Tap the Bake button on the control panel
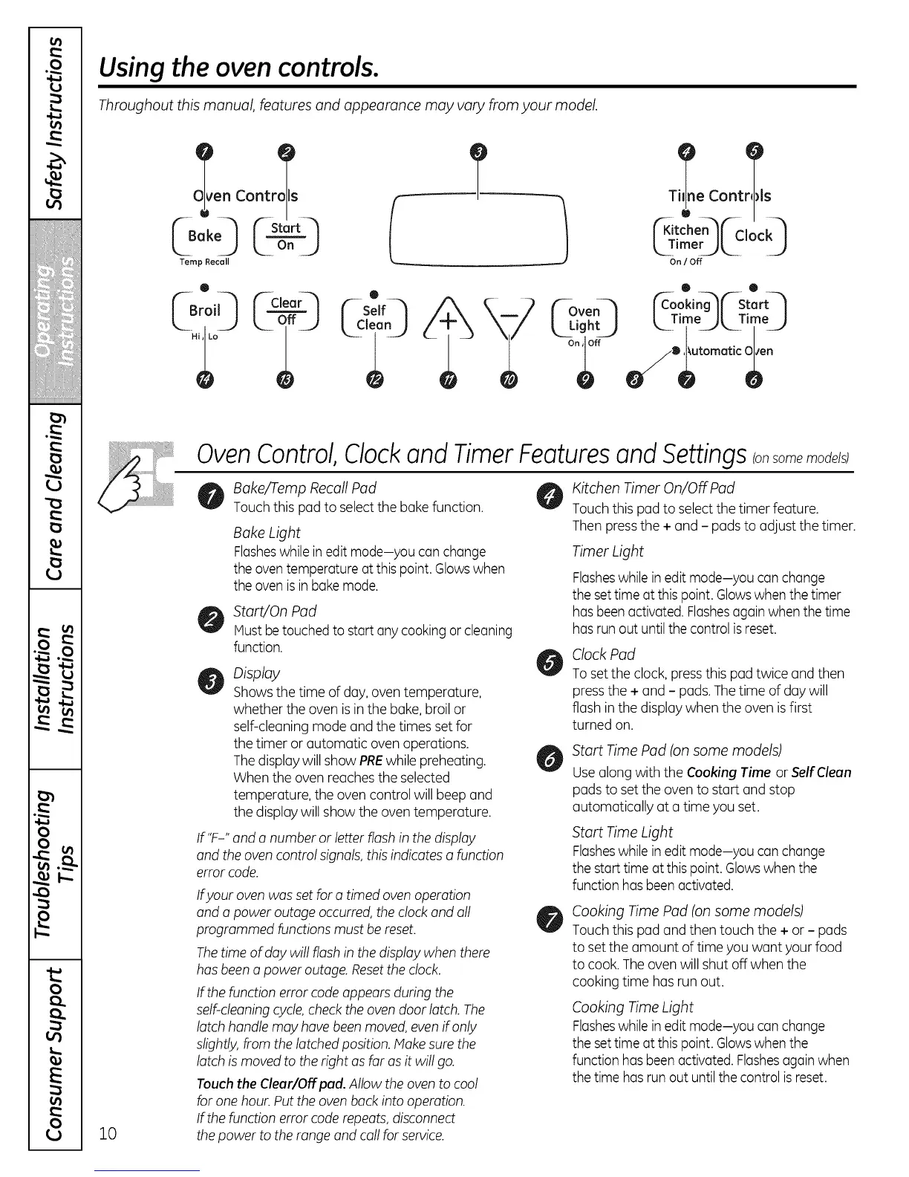point(204,236)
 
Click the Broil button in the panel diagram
point(204,311)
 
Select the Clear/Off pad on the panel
point(286,311)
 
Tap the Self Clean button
point(374,318)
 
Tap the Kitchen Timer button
point(685,236)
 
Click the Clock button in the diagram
point(753,236)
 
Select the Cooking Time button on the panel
point(685,311)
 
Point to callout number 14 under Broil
point(204,381)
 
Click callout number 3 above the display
point(479,152)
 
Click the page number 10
point(108,1133)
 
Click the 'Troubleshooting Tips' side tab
point(55,863)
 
